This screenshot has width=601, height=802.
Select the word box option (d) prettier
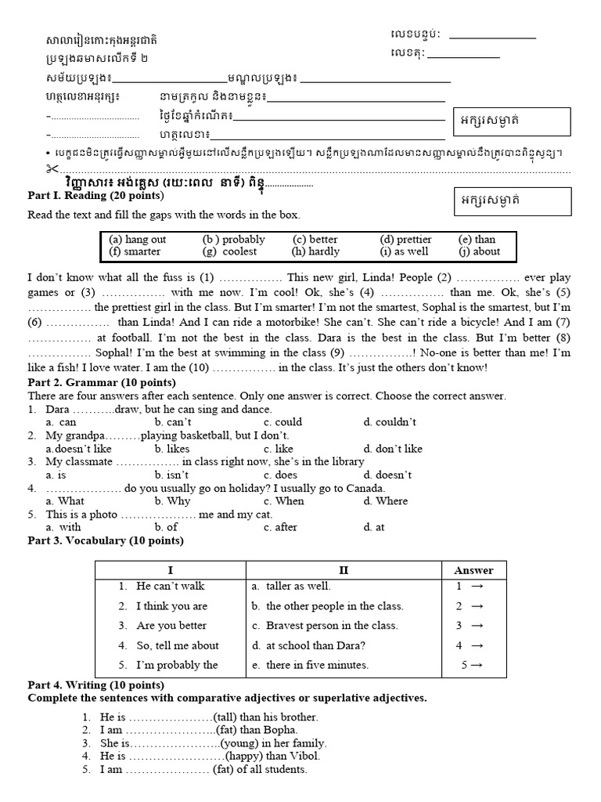405,240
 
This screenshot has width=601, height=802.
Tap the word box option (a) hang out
138,240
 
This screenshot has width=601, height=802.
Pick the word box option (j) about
479,252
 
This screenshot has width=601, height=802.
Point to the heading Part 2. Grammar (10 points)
102,382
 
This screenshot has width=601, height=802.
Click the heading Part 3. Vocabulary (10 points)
106,540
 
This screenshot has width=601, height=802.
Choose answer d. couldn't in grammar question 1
390,422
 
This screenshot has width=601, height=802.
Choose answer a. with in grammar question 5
64,527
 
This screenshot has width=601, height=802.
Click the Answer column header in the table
473,570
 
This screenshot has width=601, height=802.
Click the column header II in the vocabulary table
344,570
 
